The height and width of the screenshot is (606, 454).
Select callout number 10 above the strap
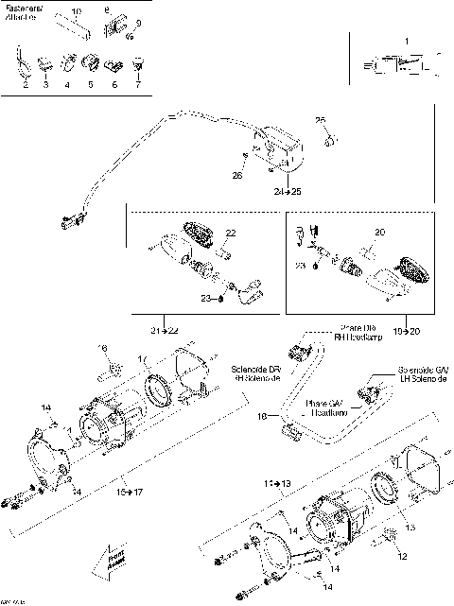[77, 9]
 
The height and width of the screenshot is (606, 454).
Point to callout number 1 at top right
[407, 42]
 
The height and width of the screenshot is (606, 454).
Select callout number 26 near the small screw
[236, 175]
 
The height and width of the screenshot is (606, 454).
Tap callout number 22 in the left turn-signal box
[230, 233]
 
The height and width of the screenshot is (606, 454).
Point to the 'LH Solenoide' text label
[417, 377]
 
